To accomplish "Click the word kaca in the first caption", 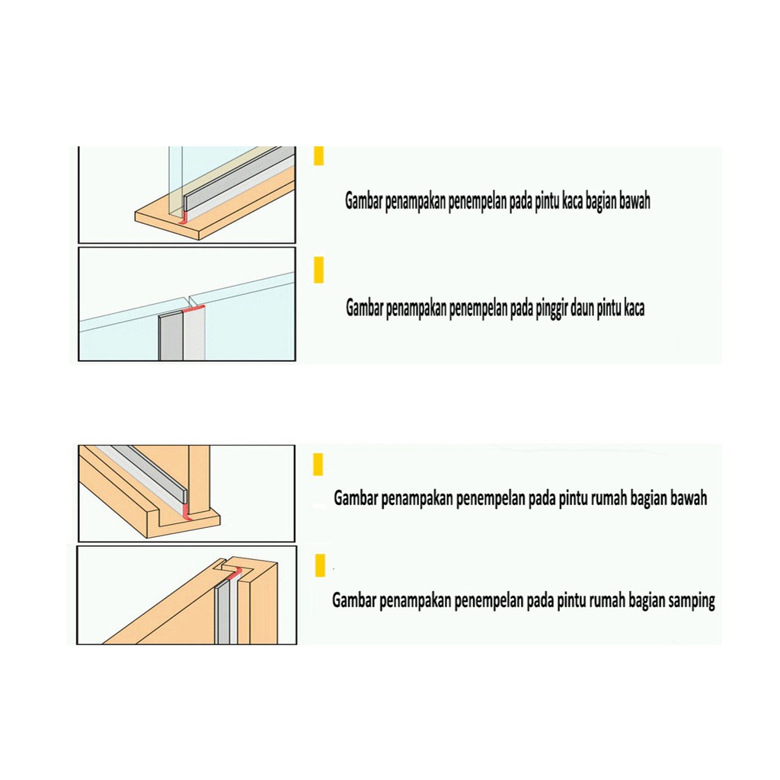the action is (572, 201).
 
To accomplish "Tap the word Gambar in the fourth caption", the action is (354, 600).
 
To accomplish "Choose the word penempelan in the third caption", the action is (490, 499).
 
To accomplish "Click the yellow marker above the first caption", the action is (319, 155).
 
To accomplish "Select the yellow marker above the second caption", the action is (319, 270).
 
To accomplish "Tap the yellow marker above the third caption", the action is (318, 464).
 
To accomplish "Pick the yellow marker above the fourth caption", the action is (321, 565).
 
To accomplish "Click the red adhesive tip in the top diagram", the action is (185, 217).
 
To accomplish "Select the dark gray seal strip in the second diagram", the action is (171, 336).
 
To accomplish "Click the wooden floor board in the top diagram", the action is (215, 212).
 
